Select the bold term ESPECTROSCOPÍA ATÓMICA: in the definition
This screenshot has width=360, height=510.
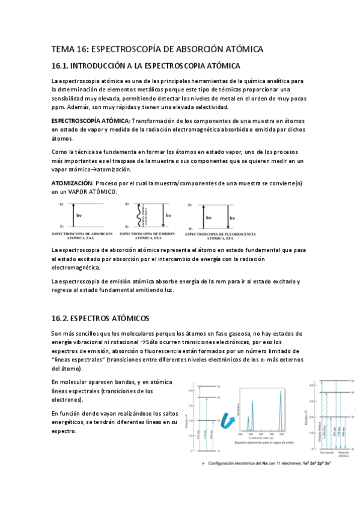90,120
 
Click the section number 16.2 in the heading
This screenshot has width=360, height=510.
60,318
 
